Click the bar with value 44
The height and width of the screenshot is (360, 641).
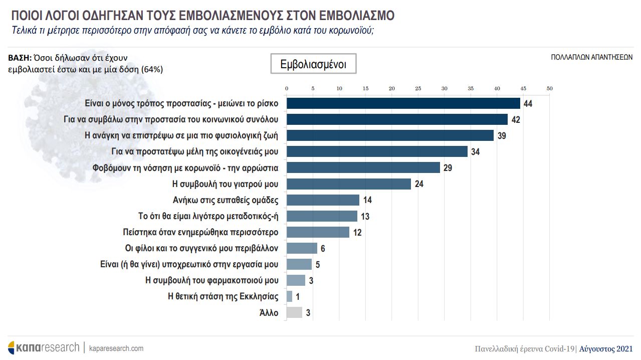(x=403, y=103)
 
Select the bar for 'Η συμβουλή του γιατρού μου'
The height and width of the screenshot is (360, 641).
(x=348, y=184)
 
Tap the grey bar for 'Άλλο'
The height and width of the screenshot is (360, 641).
(x=294, y=313)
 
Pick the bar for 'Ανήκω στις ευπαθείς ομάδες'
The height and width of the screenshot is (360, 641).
(x=323, y=200)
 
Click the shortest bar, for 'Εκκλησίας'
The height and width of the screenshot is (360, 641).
(x=289, y=296)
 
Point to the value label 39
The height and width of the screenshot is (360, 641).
(x=501, y=136)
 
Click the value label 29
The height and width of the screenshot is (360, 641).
(x=448, y=168)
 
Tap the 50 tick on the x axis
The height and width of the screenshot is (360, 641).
(x=549, y=89)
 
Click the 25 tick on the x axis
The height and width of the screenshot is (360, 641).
(x=418, y=89)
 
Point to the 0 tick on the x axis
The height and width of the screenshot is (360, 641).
(x=287, y=89)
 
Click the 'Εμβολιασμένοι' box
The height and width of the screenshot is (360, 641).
(x=313, y=64)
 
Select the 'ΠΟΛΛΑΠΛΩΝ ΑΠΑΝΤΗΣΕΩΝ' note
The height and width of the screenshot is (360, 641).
(x=591, y=58)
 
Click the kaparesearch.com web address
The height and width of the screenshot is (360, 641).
(x=116, y=348)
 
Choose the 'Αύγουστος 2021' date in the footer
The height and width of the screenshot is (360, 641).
(x=605, y=349)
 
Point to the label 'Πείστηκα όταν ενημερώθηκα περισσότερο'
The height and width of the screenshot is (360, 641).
(x=200, y=232)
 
